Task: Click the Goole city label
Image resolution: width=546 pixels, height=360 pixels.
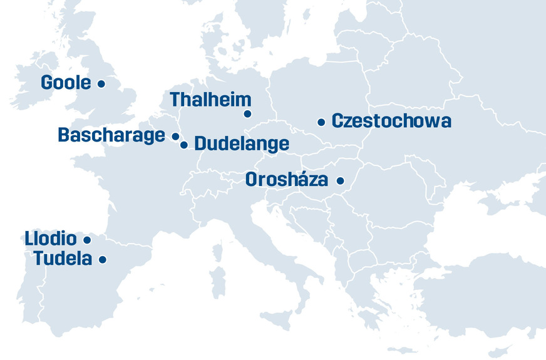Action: pos(66,83)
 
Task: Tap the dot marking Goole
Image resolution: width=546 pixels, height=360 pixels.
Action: pos(101,83)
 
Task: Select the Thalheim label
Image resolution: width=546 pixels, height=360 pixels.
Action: pos(210,100)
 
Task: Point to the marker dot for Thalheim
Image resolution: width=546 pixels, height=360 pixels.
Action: pos(247,114)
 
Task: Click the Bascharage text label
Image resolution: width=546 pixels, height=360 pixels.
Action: pos(111,135)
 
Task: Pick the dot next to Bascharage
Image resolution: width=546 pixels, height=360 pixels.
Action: pos(175,136)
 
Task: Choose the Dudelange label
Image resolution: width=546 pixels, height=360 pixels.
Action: pos(242,144)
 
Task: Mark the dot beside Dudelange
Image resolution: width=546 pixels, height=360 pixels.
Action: pos(184,145)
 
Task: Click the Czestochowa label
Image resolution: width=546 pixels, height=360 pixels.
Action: pos(391,121)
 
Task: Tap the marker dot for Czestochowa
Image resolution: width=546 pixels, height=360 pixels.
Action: pos(321,123)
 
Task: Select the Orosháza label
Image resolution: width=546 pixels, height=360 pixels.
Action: pos(287,180)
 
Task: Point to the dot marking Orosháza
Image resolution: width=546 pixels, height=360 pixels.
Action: pos(341,181)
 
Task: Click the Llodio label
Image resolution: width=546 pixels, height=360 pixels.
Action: pos(51,239)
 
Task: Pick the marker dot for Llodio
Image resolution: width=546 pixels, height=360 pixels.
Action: pos(87,240)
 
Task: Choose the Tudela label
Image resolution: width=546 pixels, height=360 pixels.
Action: pos(63,259)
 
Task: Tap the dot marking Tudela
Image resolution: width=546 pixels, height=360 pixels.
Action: pos(103,259)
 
